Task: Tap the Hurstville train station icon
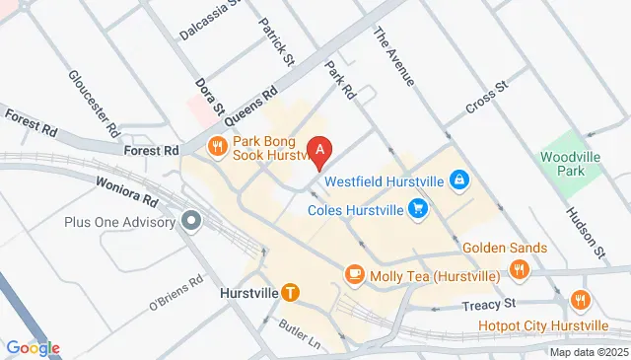[290, 292]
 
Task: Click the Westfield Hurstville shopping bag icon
[458, 180]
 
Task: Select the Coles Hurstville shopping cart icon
[420, 209]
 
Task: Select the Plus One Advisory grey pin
[191, 221]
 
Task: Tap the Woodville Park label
[563, 164]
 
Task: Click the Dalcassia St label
[209, 22]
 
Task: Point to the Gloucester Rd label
[94, 103]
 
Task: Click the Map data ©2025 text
[588, 352]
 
